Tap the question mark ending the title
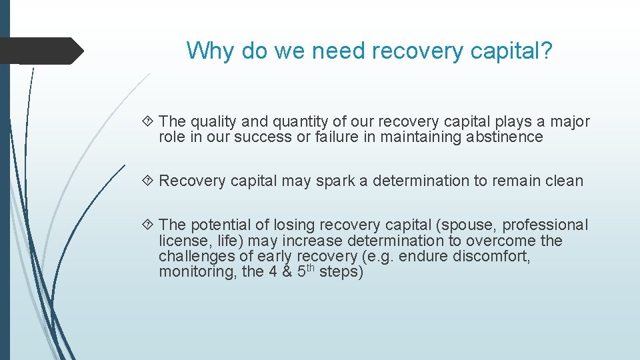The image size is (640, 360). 547,51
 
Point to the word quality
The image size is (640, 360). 213,122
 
